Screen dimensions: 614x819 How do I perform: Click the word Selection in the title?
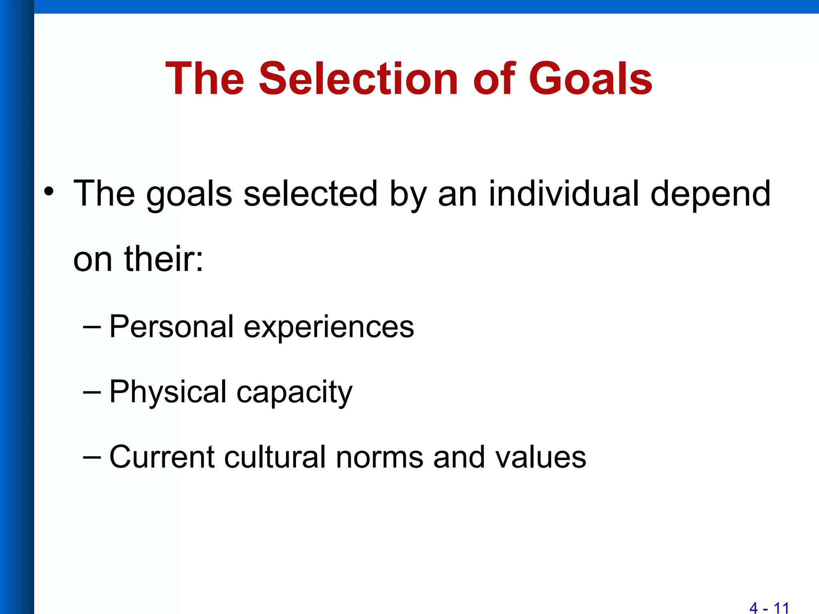(358, 79)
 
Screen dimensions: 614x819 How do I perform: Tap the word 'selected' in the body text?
(310, 193)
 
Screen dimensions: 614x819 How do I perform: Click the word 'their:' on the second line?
(164, 259)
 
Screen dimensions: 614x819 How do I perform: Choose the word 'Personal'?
(171, 327)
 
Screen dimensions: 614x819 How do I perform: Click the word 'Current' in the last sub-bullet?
(162, 457)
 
